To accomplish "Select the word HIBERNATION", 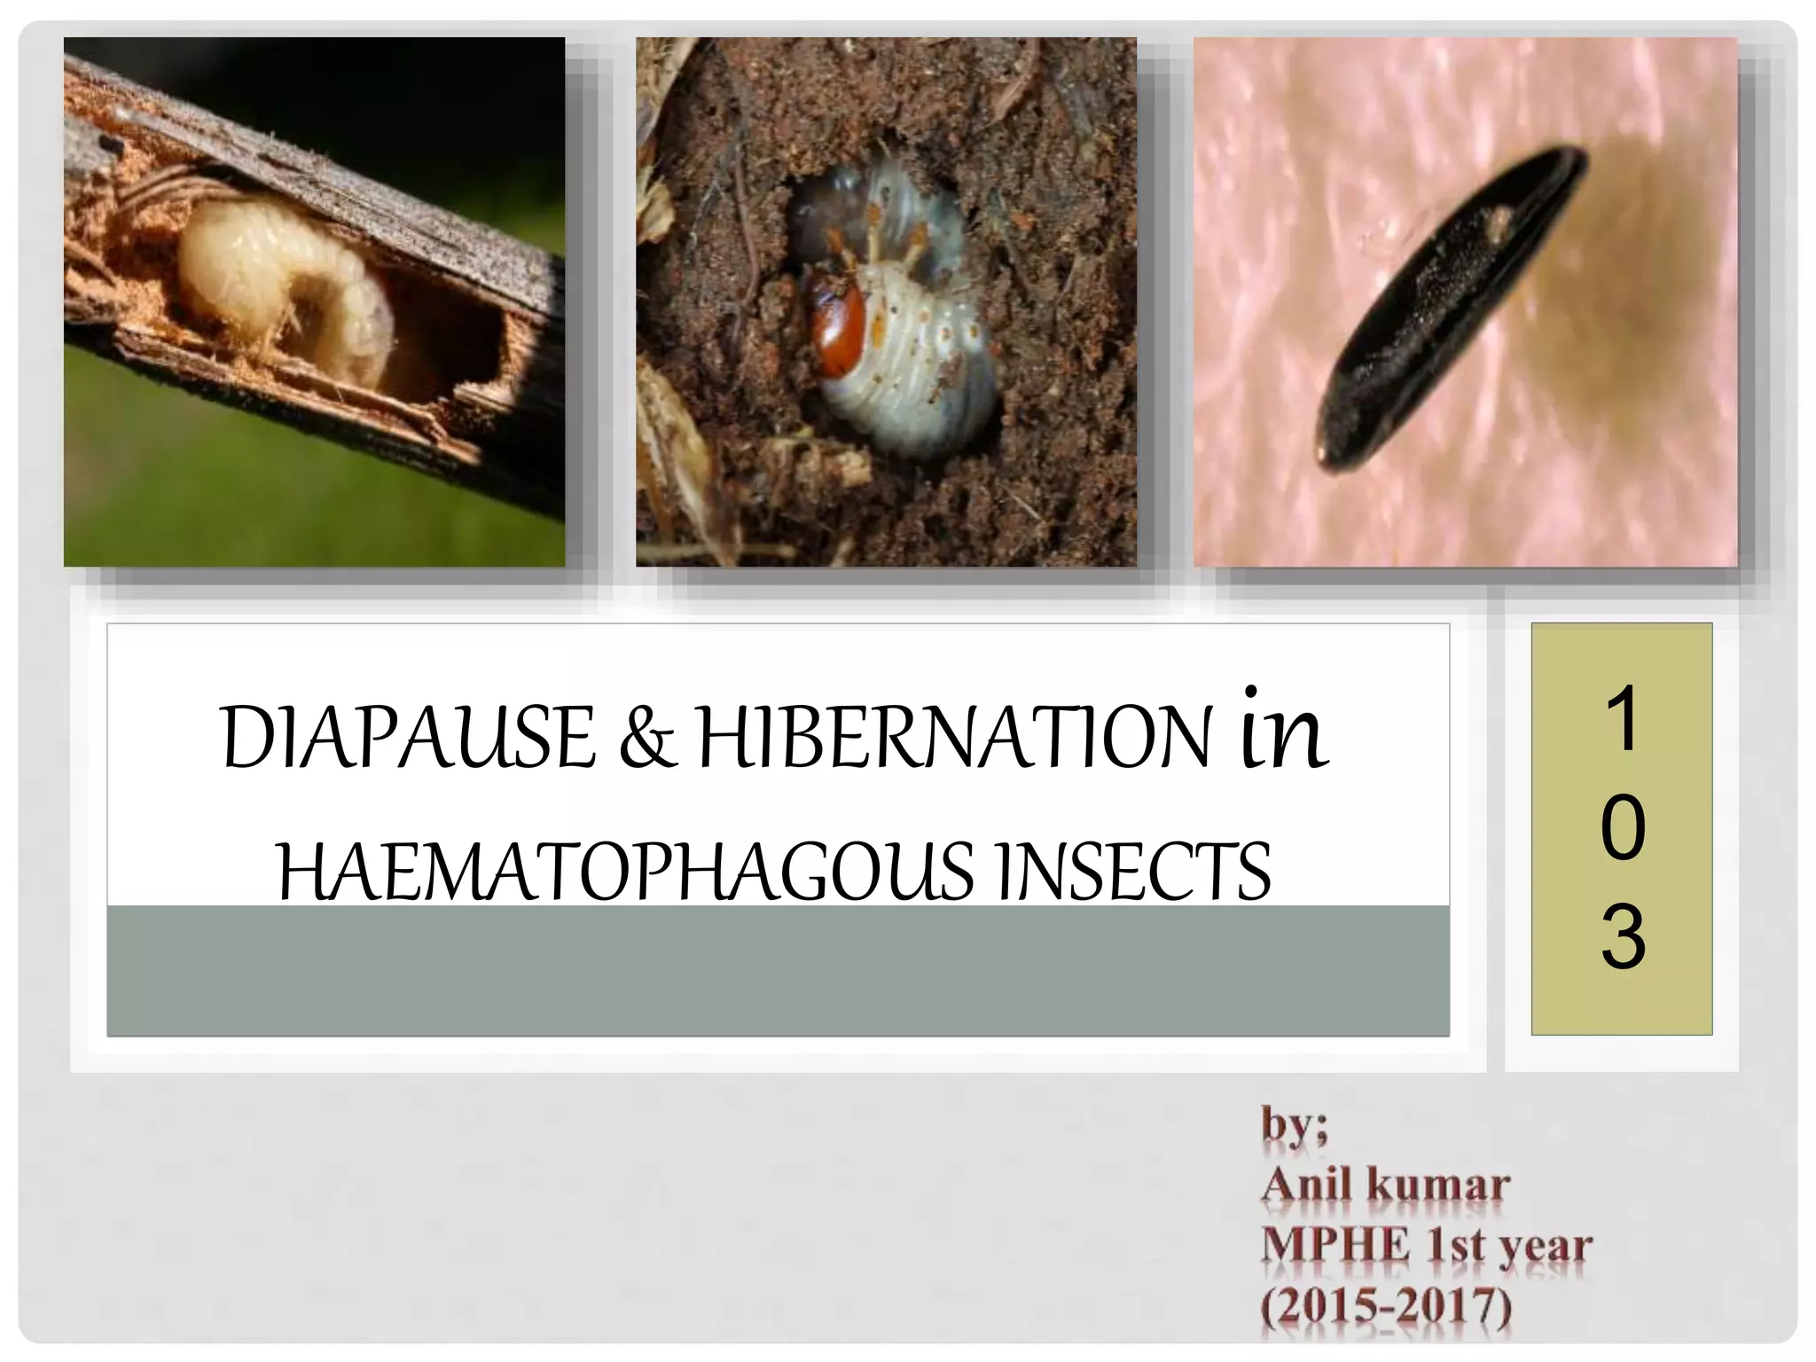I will point(954,738).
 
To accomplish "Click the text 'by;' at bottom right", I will point(1295,1126).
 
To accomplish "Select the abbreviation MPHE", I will point(1335,1245).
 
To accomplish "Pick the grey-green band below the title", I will point(778,970).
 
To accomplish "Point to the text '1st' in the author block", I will point(1454,1245).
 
